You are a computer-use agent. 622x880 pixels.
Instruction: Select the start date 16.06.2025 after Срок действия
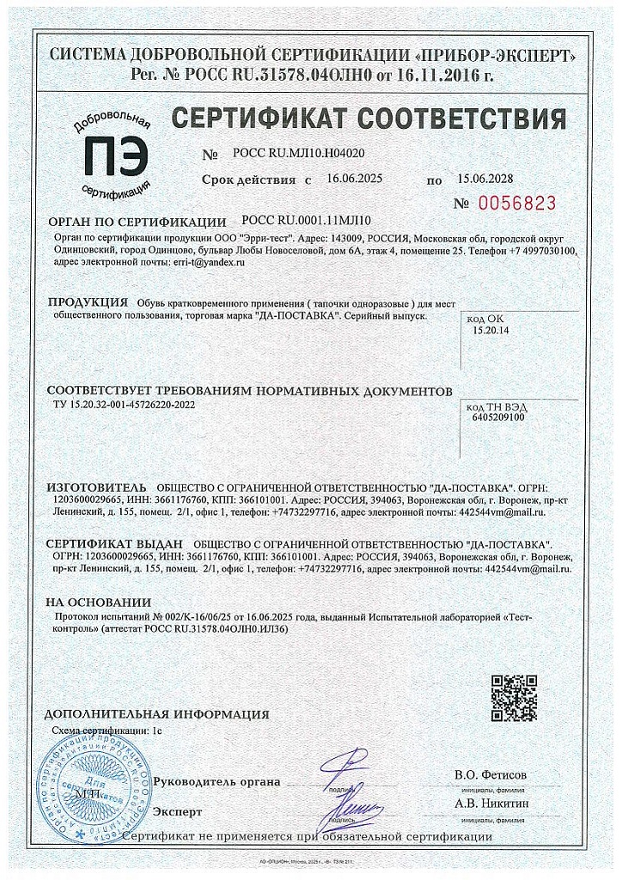(355, 180)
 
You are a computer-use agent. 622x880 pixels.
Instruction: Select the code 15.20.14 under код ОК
(491, 329)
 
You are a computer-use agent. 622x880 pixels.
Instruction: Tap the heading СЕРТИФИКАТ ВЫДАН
(114, 545)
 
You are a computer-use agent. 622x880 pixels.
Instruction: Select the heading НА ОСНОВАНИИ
(98, 602)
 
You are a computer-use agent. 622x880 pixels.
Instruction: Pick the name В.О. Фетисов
(491, 775)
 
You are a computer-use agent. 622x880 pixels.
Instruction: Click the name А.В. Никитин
(491, 804)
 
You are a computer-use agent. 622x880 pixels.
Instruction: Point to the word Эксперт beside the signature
(177, 811)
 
